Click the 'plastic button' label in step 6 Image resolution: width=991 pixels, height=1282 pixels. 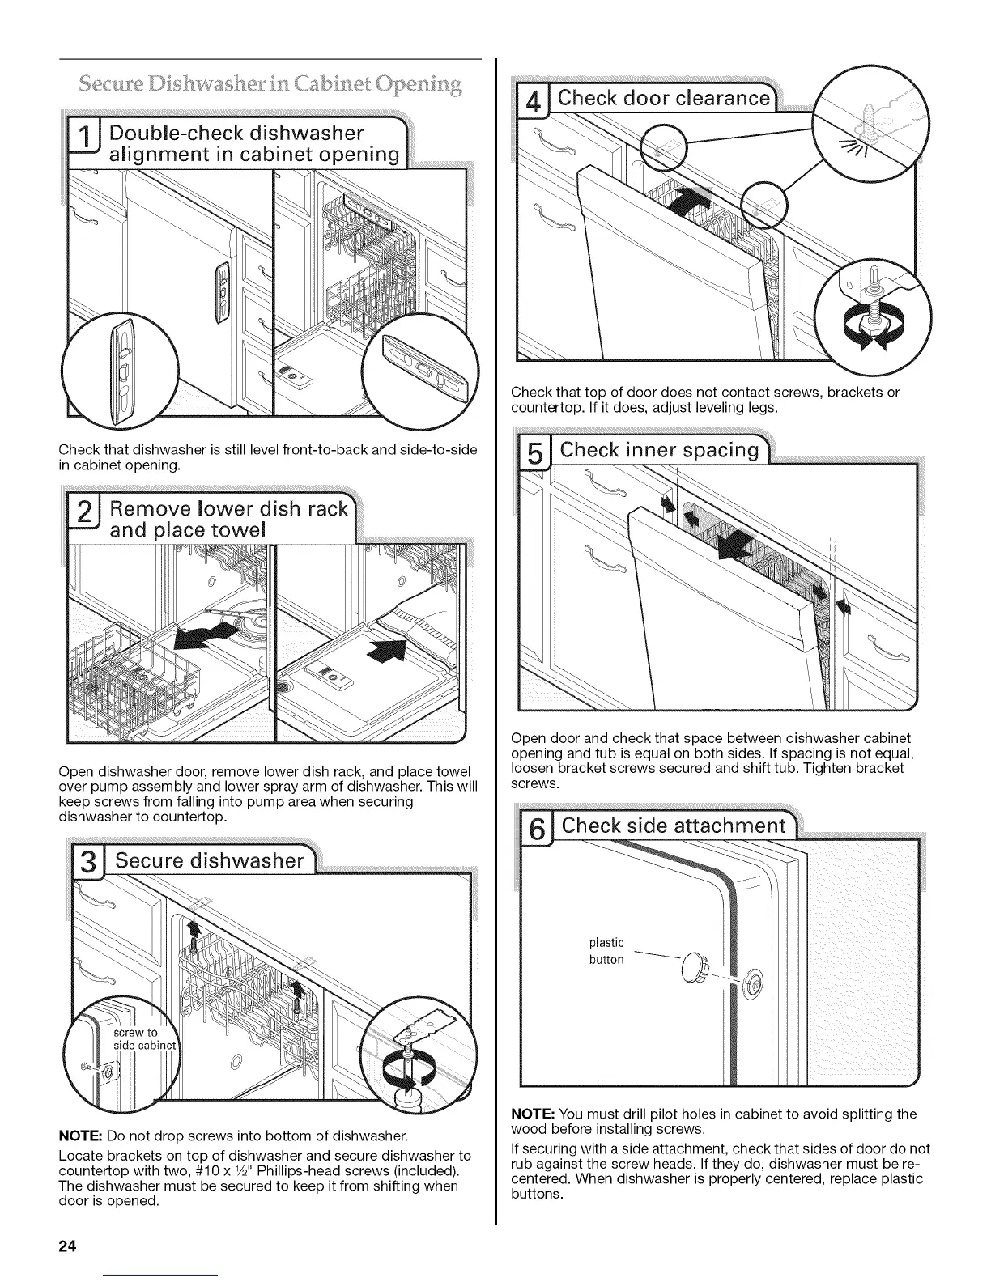[606, 951]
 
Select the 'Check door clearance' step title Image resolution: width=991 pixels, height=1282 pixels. [665, 99]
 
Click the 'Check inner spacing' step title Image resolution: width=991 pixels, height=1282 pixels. [660, 450]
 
